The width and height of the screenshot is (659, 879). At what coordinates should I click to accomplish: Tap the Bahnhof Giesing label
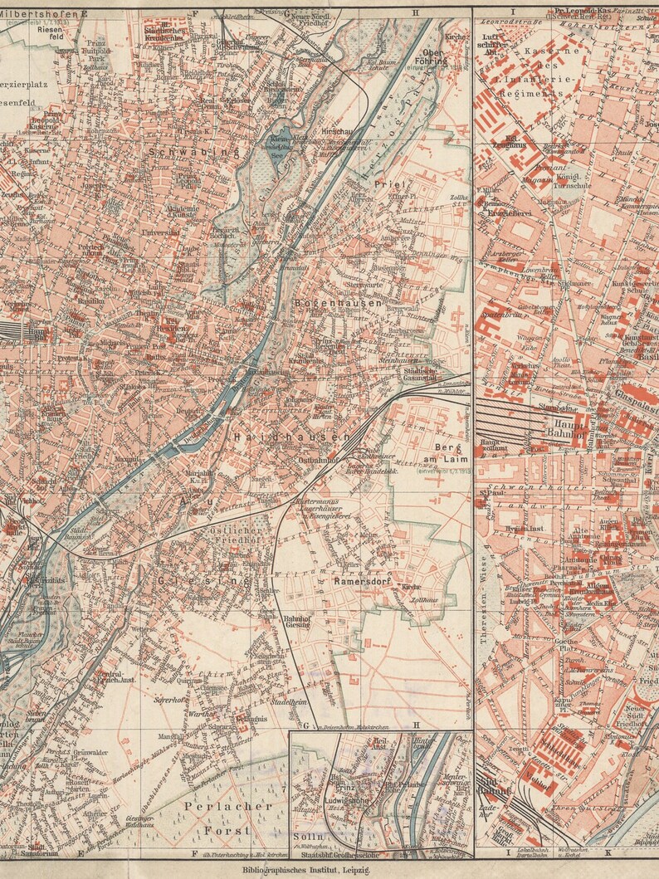pos(297,622)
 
